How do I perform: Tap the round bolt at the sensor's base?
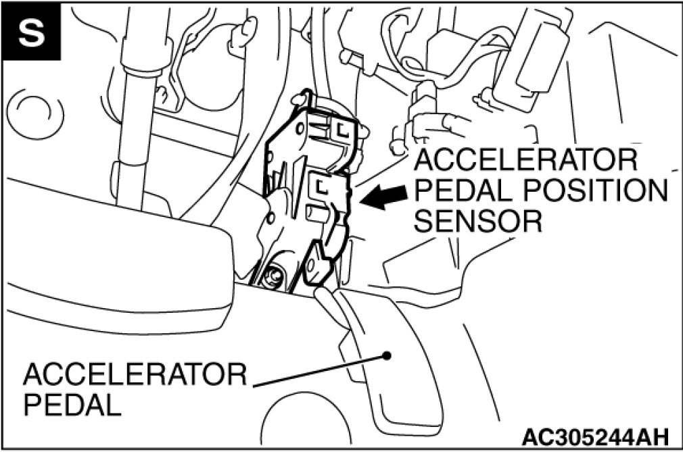tap(274, 276)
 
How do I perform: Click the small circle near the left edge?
tap(31, 111)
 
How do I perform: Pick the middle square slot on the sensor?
tap(321, 184)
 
